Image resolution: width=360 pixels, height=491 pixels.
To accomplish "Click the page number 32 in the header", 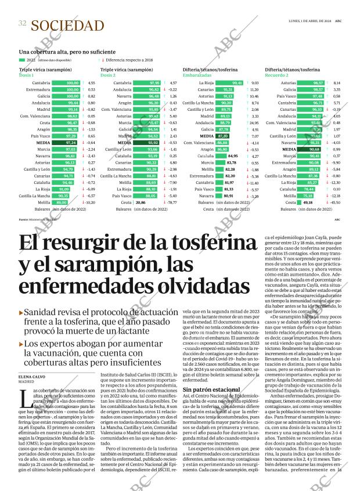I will [x=22, y=24].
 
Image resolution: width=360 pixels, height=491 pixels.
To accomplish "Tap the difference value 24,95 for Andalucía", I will [x=254, y=123].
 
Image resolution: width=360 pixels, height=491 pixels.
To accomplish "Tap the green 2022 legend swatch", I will [x=22, y=60].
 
